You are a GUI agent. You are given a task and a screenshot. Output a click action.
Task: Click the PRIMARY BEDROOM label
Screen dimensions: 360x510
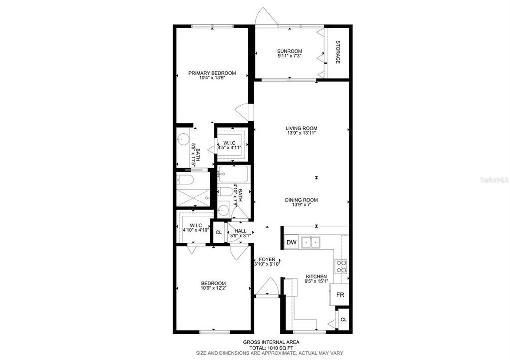[x=212, y=73]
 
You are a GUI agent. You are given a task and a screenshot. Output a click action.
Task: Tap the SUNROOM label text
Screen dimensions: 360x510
[x=290, y=51]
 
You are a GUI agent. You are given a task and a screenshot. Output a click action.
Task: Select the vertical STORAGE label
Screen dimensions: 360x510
[x=338, y=52]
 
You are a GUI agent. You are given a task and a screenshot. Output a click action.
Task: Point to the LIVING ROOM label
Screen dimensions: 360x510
[x=302, y=128]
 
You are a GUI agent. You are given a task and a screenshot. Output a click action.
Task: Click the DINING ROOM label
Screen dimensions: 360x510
[x=302, y=200]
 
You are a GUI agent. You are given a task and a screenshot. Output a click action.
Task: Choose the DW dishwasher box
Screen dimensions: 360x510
[x=291, y=243]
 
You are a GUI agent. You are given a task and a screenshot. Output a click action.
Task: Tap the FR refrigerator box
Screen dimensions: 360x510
[x=340, y=295]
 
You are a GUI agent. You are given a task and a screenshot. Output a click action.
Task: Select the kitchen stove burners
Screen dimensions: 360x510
[x=341, y=266]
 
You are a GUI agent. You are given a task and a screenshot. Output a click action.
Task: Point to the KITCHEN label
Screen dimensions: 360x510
[x=316, y=276]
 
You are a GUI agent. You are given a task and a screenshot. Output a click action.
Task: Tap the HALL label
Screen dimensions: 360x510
[x=240, y=231]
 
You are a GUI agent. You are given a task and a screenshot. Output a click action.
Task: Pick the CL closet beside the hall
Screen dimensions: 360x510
[x=219, y=232]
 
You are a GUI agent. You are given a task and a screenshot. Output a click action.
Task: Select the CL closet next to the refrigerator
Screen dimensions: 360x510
[x=343, y=319]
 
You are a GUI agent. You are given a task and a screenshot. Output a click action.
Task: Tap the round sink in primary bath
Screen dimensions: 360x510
[x=183, y=139]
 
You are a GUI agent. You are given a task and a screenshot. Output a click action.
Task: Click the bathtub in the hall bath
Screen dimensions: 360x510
[x=233, y=176]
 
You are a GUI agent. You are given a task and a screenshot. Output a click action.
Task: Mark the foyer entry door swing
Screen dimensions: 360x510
[x=267, y=288]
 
